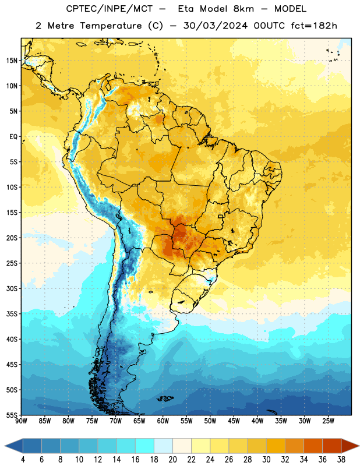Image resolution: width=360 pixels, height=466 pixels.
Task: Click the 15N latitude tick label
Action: pos(12,61)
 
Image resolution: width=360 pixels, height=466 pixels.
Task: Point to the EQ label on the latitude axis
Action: pos(13,137)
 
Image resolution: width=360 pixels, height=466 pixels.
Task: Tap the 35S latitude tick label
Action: pos(12,314)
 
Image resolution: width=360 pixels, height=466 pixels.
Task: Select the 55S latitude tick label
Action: pos(12,415)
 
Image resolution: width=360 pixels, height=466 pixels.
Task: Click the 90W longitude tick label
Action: pos(21,421)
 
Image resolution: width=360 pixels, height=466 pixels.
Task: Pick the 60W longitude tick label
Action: pos(163,421)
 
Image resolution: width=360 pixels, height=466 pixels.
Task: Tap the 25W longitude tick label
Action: pos(328,421)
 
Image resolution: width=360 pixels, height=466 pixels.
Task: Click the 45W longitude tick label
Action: pos(234,421)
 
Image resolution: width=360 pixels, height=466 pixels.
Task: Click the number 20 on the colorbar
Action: pos(172,460)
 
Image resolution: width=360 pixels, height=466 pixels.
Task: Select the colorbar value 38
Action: pos(341,460)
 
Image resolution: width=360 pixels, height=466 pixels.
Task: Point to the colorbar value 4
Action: pos(23,460)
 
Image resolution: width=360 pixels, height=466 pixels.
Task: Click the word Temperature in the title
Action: pos(111,26)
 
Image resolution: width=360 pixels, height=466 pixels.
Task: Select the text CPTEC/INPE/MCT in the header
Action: pos(110,9)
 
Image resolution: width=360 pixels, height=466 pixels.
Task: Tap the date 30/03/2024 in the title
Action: pos(215,26)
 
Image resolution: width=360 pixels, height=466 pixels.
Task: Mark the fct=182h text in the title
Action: pos(314,26)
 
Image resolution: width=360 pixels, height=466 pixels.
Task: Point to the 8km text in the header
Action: pos(243,9)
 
